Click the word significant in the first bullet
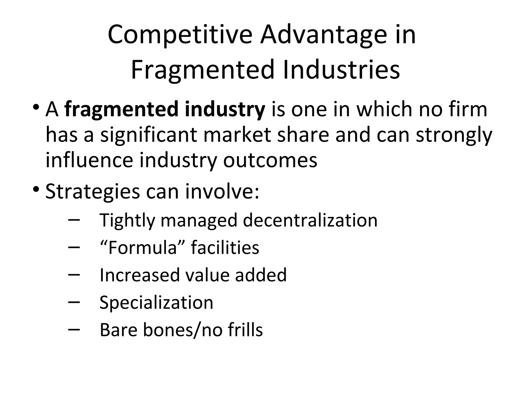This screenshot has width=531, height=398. [x=149, y=135]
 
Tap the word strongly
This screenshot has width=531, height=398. [x=454, y=135]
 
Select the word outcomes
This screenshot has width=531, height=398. [x=270, y=160]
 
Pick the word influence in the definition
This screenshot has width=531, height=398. [x=89, y=160]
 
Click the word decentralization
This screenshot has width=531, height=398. [x=310, y=221]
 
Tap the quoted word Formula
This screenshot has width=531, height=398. [x=142, y=248]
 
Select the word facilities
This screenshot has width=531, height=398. [x=225, y=248]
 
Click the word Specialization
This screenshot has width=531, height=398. [x=156, y=303]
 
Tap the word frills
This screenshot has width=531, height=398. [x=245, y=330]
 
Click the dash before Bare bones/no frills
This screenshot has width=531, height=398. [x=74, y=329]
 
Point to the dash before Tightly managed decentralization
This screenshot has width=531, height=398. [x=74, y=219]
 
